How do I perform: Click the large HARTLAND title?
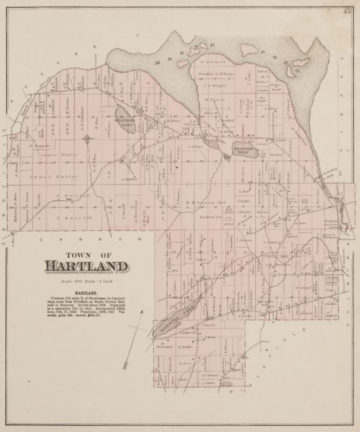88,266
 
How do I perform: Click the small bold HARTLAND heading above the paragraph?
88,292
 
